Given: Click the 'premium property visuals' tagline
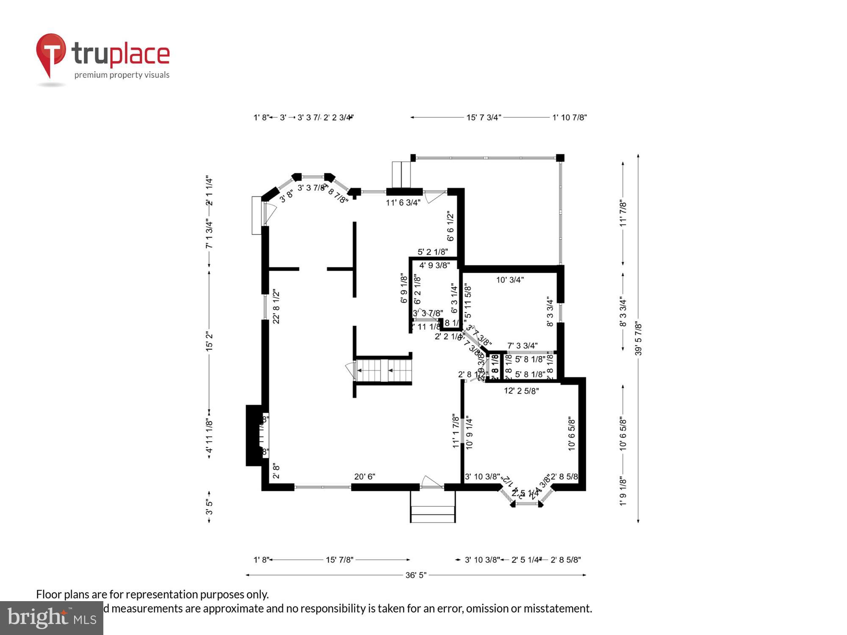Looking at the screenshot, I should tap(122, 75).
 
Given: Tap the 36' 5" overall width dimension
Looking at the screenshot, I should tap(416, 575).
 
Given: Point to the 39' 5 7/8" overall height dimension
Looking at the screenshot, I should tap(638, 339).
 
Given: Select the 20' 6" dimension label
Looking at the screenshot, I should tap(365, 477).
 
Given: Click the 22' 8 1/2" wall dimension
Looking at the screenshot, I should tap(276, 306).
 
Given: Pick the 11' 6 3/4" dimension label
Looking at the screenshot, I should tap(403, 203).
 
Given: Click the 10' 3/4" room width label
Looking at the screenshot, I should tap(510, 280).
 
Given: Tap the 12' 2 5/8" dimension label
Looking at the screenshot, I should tap(521, 391).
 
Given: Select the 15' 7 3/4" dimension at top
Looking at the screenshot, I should tap(484, 118).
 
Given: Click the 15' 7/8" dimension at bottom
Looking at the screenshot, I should tap(339, 560).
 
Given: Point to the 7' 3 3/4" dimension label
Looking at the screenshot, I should tap(522, 346).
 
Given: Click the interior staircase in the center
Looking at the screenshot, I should tap(383, 371).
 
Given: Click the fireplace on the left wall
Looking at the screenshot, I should tap(256, 436).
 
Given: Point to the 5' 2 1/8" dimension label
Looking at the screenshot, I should tap(433, 252).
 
